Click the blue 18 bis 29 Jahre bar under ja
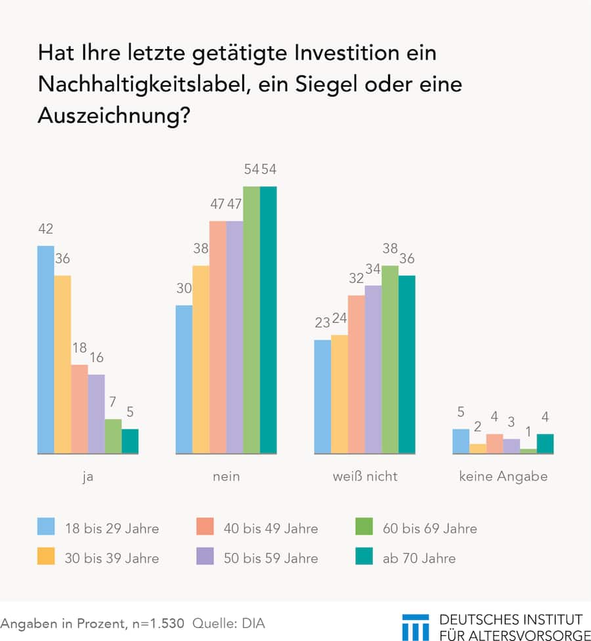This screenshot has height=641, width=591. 46,350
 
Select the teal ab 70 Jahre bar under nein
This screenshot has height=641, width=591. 268,320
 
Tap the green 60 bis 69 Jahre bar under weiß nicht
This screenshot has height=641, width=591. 390,360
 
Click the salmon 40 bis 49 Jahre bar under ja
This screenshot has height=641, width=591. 79,409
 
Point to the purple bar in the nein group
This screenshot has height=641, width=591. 234,337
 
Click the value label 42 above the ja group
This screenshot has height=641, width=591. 45,230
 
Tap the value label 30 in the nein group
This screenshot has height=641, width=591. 184,289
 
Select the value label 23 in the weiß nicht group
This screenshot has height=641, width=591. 322,323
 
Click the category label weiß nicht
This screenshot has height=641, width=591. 364,476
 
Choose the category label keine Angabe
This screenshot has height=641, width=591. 503,476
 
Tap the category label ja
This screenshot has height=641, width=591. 87,476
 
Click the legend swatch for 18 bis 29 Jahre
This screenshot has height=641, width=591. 46,527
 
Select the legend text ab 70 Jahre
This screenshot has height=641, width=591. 419,558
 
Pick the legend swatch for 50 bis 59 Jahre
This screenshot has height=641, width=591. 205,558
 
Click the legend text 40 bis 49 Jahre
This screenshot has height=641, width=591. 271,527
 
